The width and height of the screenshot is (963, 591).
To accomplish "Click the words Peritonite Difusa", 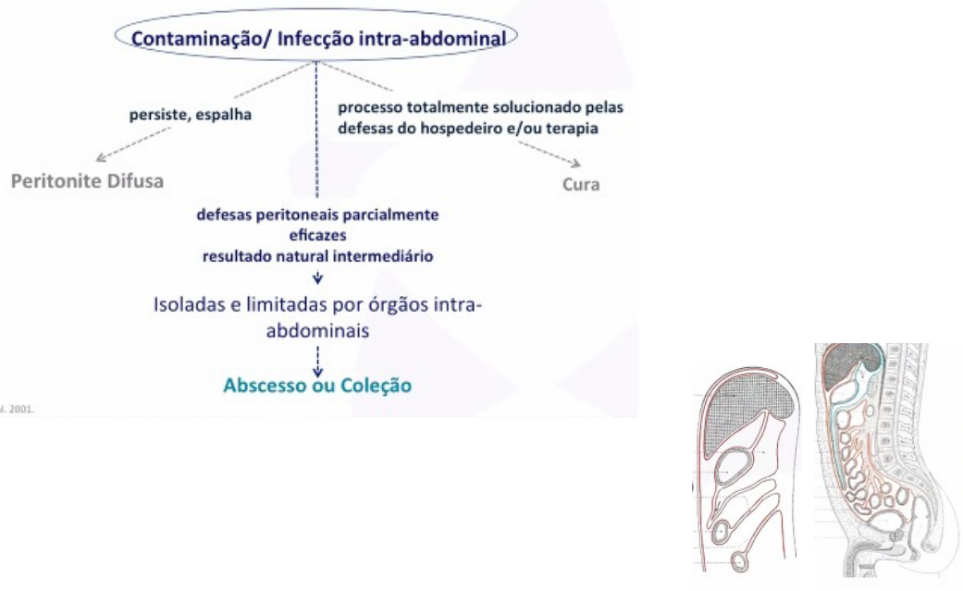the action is pyautogui.click(x=87, y=181).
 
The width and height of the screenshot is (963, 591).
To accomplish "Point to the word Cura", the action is pyautogui.click(x=581, y=183).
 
